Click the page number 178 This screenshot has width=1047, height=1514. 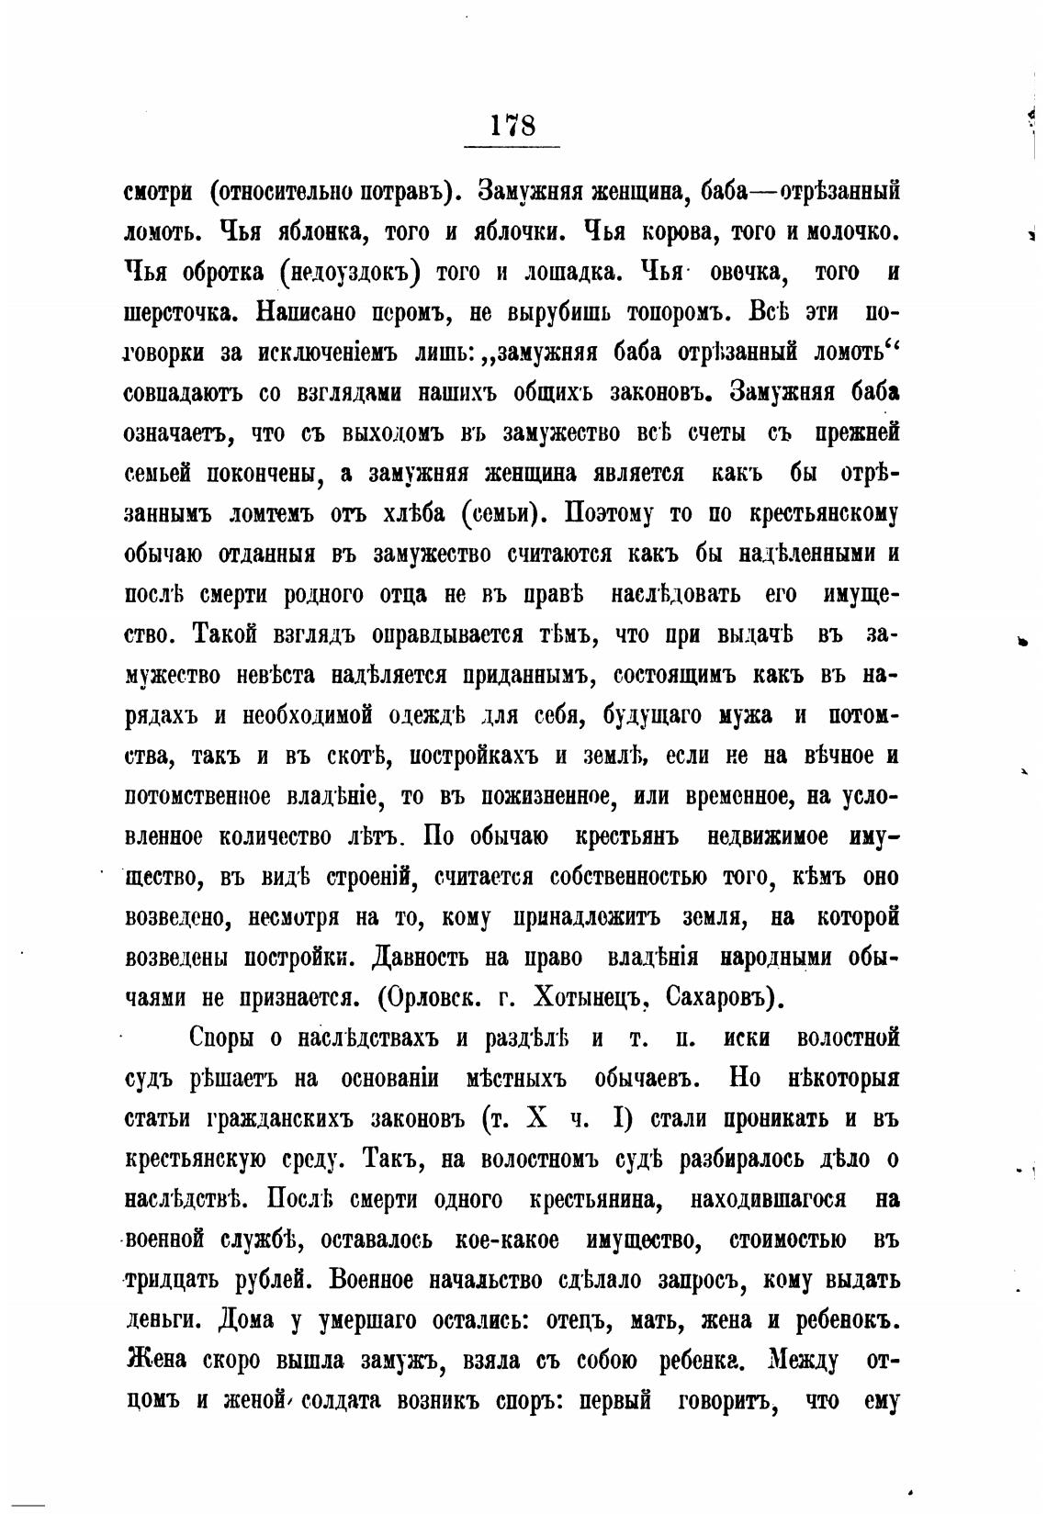(x=512, y=124)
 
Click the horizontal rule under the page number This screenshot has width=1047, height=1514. (x=512, y=147)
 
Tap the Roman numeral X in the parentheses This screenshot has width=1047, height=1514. (x=538, y=1119)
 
